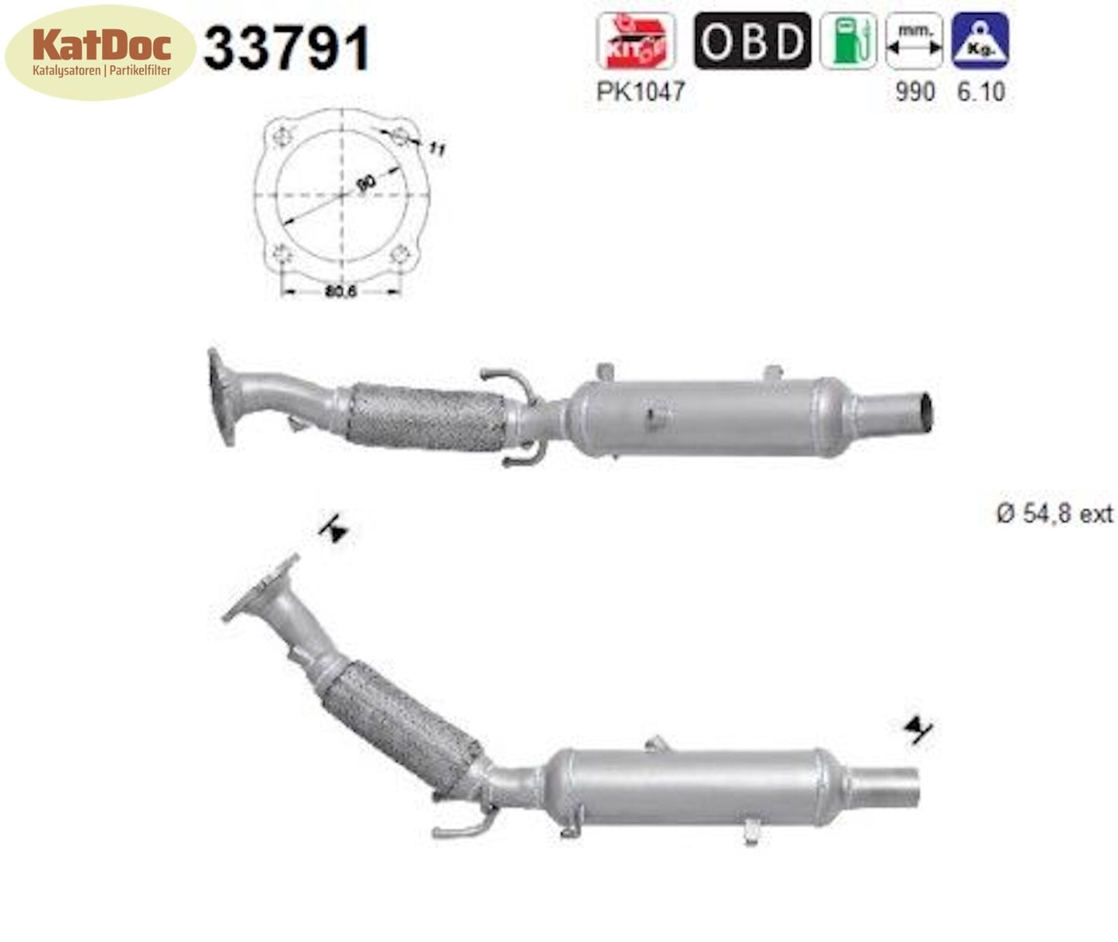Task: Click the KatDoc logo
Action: click(101, 51)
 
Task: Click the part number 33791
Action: click(286, 48)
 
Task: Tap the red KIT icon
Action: click(634, 41)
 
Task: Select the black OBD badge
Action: click(752, 41)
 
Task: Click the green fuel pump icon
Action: click(848, 41)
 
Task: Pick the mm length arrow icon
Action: click(914, 41)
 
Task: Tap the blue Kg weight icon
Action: click(980, 41)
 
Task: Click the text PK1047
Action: click(641, 91)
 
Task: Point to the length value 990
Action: click(915, 91)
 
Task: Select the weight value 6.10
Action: click(981, 91)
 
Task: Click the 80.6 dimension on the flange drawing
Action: click(340, 292)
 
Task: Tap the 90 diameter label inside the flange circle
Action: click(366, 183)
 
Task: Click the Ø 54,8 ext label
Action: click(1055, 513)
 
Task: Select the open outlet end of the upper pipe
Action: click(925, 412)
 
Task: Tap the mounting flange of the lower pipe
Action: click(261, 588)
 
